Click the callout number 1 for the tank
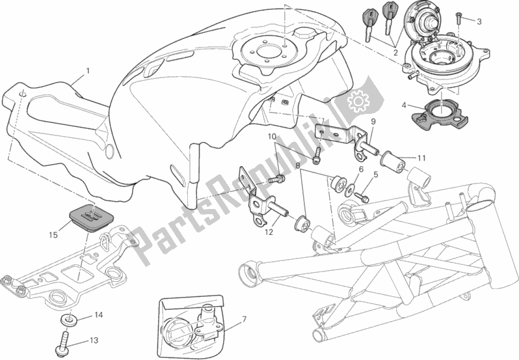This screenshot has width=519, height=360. [x=88, y=70]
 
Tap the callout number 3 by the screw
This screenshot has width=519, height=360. [x=479, y=22]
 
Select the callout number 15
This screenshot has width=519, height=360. [x=53, y=235]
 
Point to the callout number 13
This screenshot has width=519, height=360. [x=94, y=340]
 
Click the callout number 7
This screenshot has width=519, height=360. [x=244, y=320]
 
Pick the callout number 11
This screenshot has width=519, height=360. [x=421, y=158]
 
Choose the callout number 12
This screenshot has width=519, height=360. [x=269, y=232]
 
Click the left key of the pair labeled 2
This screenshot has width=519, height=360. [x=369, y=24]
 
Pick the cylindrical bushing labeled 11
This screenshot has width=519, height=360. [x=393, y=159]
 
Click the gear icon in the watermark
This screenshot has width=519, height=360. [x=356, y=101]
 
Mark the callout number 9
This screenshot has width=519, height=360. [x=373, y=121]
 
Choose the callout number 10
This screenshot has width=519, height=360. [x=272, y=136]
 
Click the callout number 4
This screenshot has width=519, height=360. [x=403, y=105]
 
